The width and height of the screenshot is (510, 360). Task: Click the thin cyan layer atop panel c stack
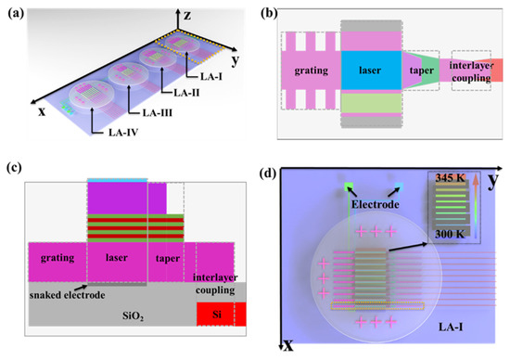coord(117,179)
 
